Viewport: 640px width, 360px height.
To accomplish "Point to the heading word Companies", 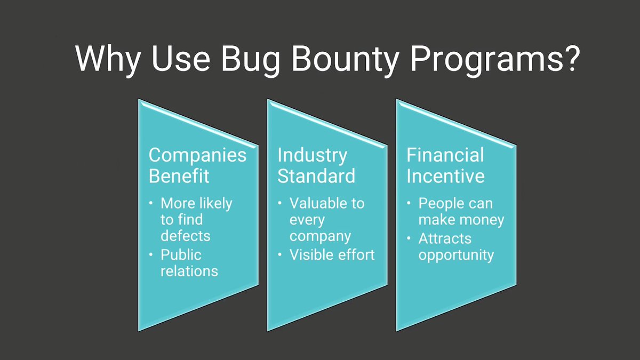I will [x=197, y=155].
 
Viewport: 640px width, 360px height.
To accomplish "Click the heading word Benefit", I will [x=179, y=176].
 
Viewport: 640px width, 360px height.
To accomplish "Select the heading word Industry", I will [x=312, y=155].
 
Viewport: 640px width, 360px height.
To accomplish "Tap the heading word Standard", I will [x=316, y=176].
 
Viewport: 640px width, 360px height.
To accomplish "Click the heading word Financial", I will [x=445, y=155].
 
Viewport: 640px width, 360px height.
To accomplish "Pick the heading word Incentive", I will [x=445, y=176].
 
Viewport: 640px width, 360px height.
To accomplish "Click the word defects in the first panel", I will [x=186, y=236].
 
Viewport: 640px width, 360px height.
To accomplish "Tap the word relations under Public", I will [x=189, y=271].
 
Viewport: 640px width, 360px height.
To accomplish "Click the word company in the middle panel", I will [x=320, y=236].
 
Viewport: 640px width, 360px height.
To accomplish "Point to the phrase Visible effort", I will [x=332, y=255].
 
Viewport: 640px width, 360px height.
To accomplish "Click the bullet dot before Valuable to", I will [x=281, y=203].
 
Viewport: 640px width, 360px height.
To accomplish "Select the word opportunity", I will [x=456, y=255].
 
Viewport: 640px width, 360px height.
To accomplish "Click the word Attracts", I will [x=445, y=238].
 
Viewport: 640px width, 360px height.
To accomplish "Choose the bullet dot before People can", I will [x=410, y=203].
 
